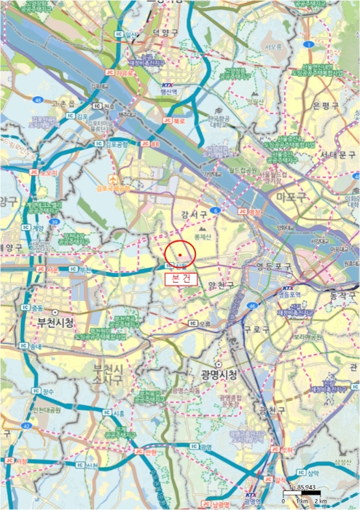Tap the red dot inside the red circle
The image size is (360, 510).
[x=179, y=254]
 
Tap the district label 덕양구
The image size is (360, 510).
[x=165, y=34]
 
